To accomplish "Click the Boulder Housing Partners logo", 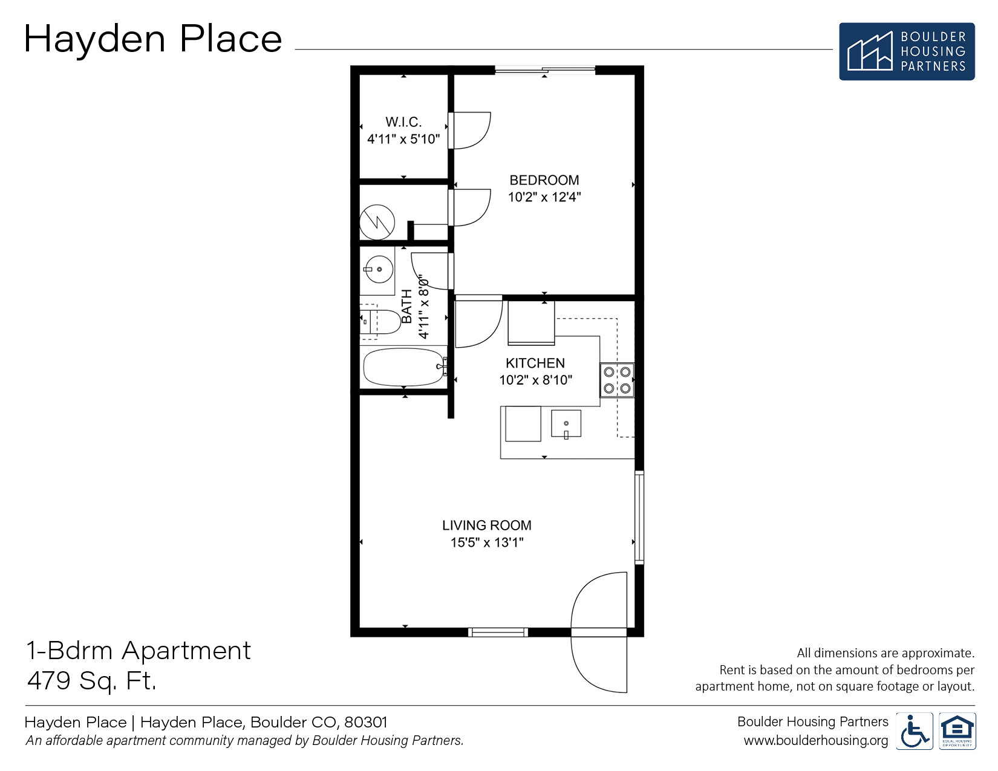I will point(906,51).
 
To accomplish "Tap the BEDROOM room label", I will point(544,180).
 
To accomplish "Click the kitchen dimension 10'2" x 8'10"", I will point(535,380).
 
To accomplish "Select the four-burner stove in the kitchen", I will point(617,380).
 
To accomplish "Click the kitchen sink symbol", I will point(566,424).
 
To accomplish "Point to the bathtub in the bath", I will point(404,367).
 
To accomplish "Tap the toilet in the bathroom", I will point(381,322).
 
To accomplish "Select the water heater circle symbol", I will point(377,223).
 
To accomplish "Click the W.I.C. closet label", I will point(403,122).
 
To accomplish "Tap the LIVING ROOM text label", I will point(486,525).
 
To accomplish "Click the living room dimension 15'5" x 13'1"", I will point(486,542).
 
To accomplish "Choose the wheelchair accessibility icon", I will point(914,732).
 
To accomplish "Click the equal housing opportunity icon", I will point(957,732).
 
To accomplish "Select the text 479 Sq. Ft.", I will point(92,681).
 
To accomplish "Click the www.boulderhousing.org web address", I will point(815,741).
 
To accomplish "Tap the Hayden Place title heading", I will point(153,39).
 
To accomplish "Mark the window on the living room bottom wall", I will point(498,633).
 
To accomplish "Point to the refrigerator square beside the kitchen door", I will point(531,322).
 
